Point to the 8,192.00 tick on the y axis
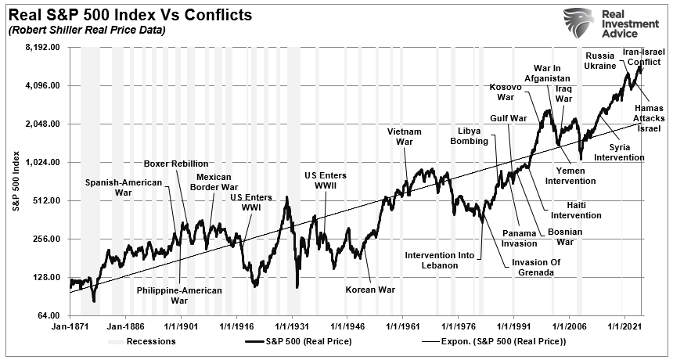[x=44, y=48]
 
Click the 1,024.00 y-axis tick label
[x=44, y=162]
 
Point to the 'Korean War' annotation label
[x=370, y=289]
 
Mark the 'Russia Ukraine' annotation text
[x=599, y=61]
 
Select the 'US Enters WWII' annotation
[x=326, y=181]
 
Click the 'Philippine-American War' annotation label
[x=179, y=295]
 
